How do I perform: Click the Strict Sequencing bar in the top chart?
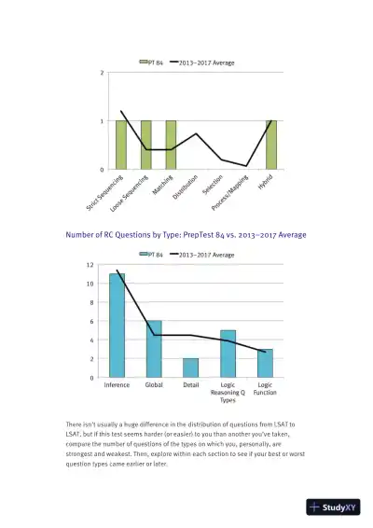pyautogui.click(x=121, y=145)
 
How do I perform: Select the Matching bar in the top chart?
pyautogui.click(x=171, y=145)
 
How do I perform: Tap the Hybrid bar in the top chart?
pyautogui.click(x=271, y=145)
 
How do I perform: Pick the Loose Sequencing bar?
pyautogui.click(x=146, y=145)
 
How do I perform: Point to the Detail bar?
pyautogui.click(x=190, y=368)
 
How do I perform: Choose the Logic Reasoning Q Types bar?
pyautogui.click(x=228, y=354)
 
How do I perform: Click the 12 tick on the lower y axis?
pyautogui.click(x=90, y=265)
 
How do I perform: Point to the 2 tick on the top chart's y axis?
pyautogui.click(x=102, y=73)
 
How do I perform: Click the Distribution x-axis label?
pyautogui.click(x=186, y=186)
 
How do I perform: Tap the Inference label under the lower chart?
pyautogui.click(x=117, y=384)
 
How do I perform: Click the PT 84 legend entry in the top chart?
pyautogui.click(x=153, y=63)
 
